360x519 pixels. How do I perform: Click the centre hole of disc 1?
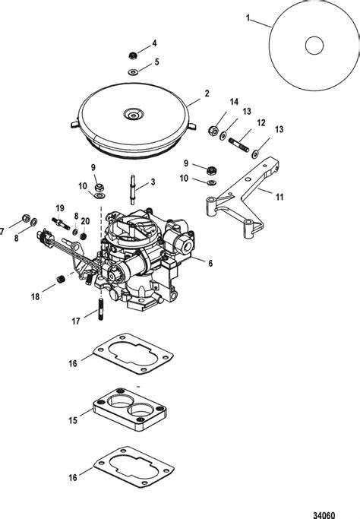[x=314, y=46]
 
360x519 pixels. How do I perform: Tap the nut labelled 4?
[x=133, y=55]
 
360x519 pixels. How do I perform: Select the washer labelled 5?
[x=134, y=71]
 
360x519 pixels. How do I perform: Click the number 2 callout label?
[x=207, y=93]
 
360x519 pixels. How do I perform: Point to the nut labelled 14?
[x=213, y=130]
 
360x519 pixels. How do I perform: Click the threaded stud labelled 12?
[x=238, y=145]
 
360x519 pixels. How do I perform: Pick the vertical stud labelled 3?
[x=132, y=189]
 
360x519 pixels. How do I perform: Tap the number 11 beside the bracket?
[x=280, y=197]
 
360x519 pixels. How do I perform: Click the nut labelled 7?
[x=26, y=218]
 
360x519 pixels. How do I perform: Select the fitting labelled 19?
[x=61, y=223]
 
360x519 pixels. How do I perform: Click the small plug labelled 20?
[x=84, y=236]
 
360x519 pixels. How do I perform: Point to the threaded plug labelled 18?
[x=60, y=279]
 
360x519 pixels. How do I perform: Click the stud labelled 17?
[x=101, y=309]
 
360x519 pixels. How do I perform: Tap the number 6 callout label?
[x=210, y=264]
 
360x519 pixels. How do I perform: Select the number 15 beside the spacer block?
[x=73, y=420]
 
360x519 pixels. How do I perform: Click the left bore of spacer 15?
[x=120, y=401]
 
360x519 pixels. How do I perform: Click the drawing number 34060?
[x=324, y=514]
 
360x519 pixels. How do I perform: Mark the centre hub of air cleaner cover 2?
[x=134, y=116]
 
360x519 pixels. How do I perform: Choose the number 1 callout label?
[x=248, y=18]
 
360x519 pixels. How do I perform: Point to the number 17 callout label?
[x=76, y=321]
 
